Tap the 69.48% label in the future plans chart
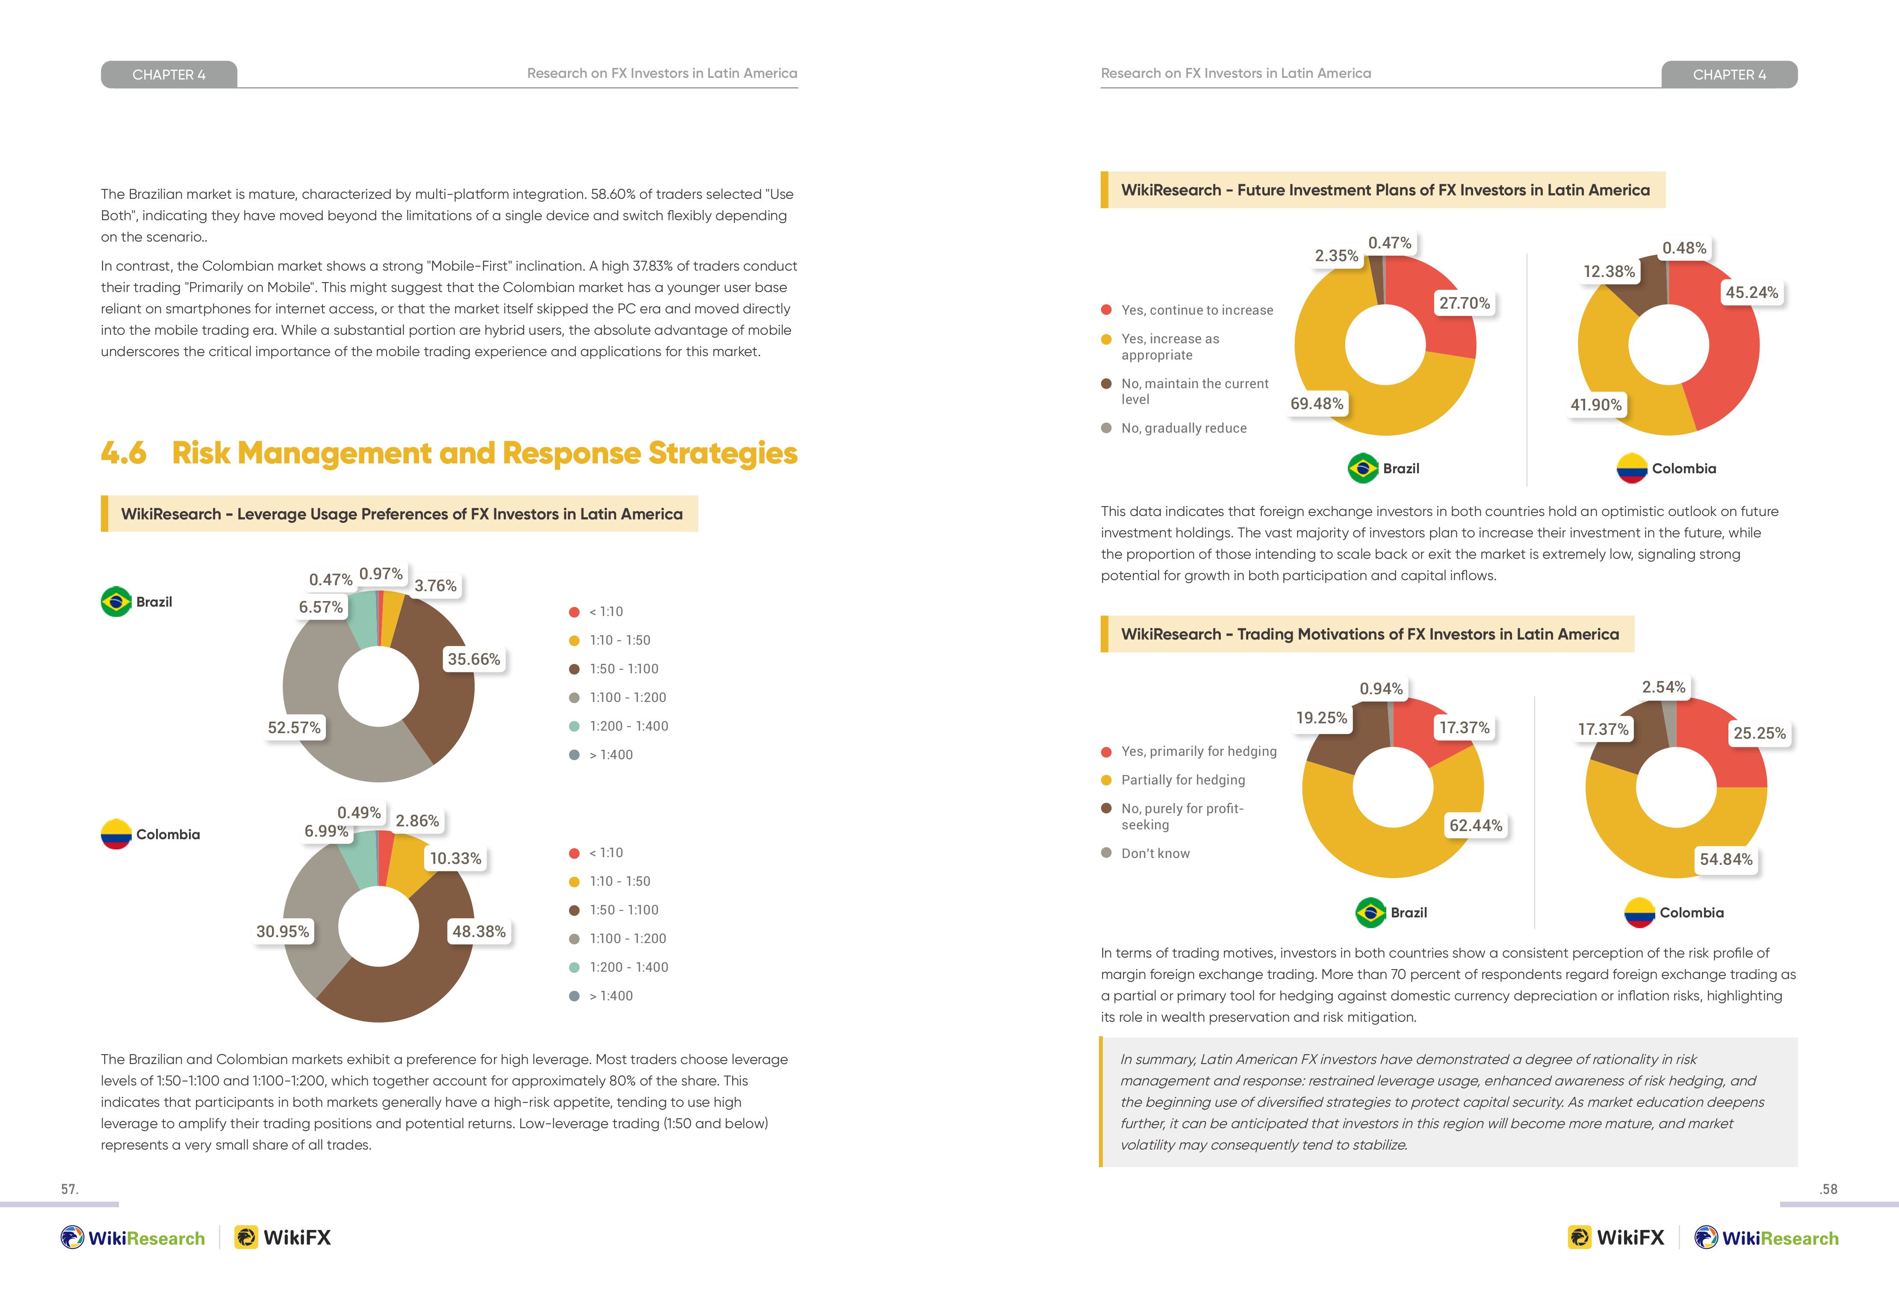click(x=1317, y=404)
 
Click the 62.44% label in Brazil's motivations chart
click(x=1476, y=825)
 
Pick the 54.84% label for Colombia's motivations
click(x=1726, y=859)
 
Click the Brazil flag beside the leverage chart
click(x=116, y=601)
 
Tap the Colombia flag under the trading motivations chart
click(x=1639, y=913)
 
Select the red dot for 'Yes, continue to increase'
click(x=1106, y=310)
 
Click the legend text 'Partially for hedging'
click(x=1183, y=780)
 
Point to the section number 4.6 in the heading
click(x=124, y=453)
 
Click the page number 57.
click(x=69, y=1189)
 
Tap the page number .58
click(x=1828, y=1189)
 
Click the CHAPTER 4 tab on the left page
click(x=169, y=74)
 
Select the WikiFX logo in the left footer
click(x=283, y=1238)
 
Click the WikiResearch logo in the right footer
click(x=1766, y=1238)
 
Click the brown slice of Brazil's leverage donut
click(x=437, y=678)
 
